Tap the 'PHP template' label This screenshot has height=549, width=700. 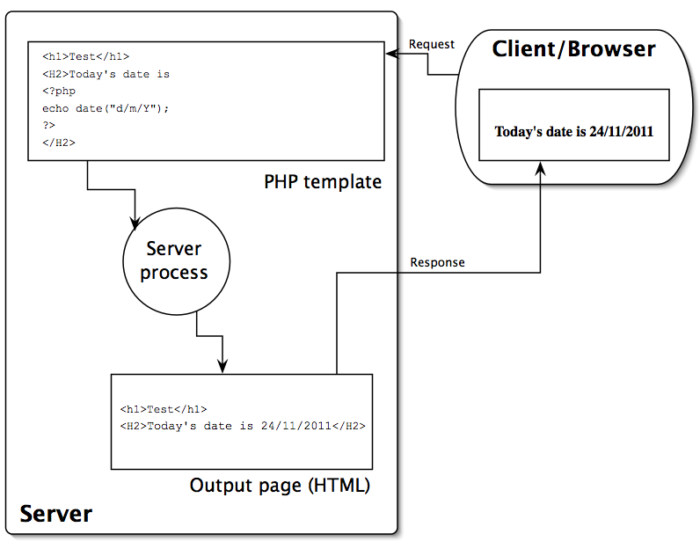[323, 181]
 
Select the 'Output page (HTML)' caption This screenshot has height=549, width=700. [280, 486]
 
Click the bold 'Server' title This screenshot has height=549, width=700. [55, 513]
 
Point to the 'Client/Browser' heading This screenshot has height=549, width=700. [573, 48]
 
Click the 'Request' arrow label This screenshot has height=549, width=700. [432, 44]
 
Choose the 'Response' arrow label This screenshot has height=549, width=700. [437, 262]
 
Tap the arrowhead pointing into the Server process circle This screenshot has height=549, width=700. [135, 220]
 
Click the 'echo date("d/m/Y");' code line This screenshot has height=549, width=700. [105, 108]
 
